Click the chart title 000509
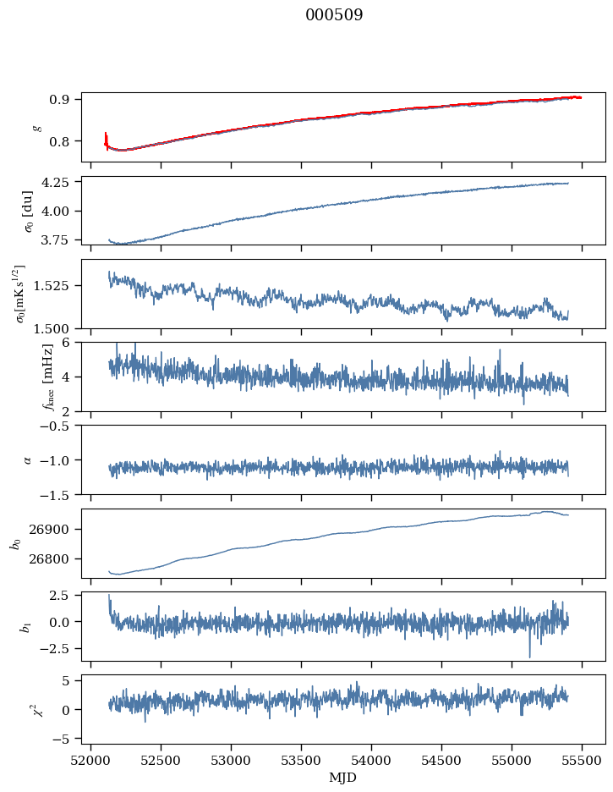pos(334,15)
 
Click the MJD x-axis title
pos(343,777)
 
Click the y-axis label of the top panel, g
pos(36,127)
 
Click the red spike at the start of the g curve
pos(106,138)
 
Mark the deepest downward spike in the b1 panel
pos(530,656)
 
